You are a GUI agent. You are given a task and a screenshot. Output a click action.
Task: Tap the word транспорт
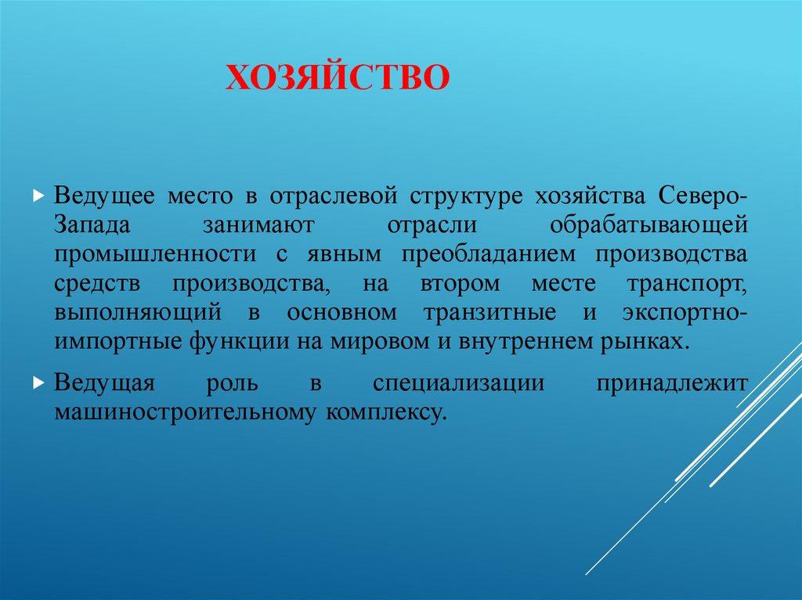click(685, 284)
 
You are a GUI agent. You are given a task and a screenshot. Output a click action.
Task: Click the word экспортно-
click(686, 313)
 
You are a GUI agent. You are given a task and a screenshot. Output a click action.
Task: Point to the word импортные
click(114, 343)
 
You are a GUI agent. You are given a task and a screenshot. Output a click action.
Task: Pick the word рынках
click(653, 343)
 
